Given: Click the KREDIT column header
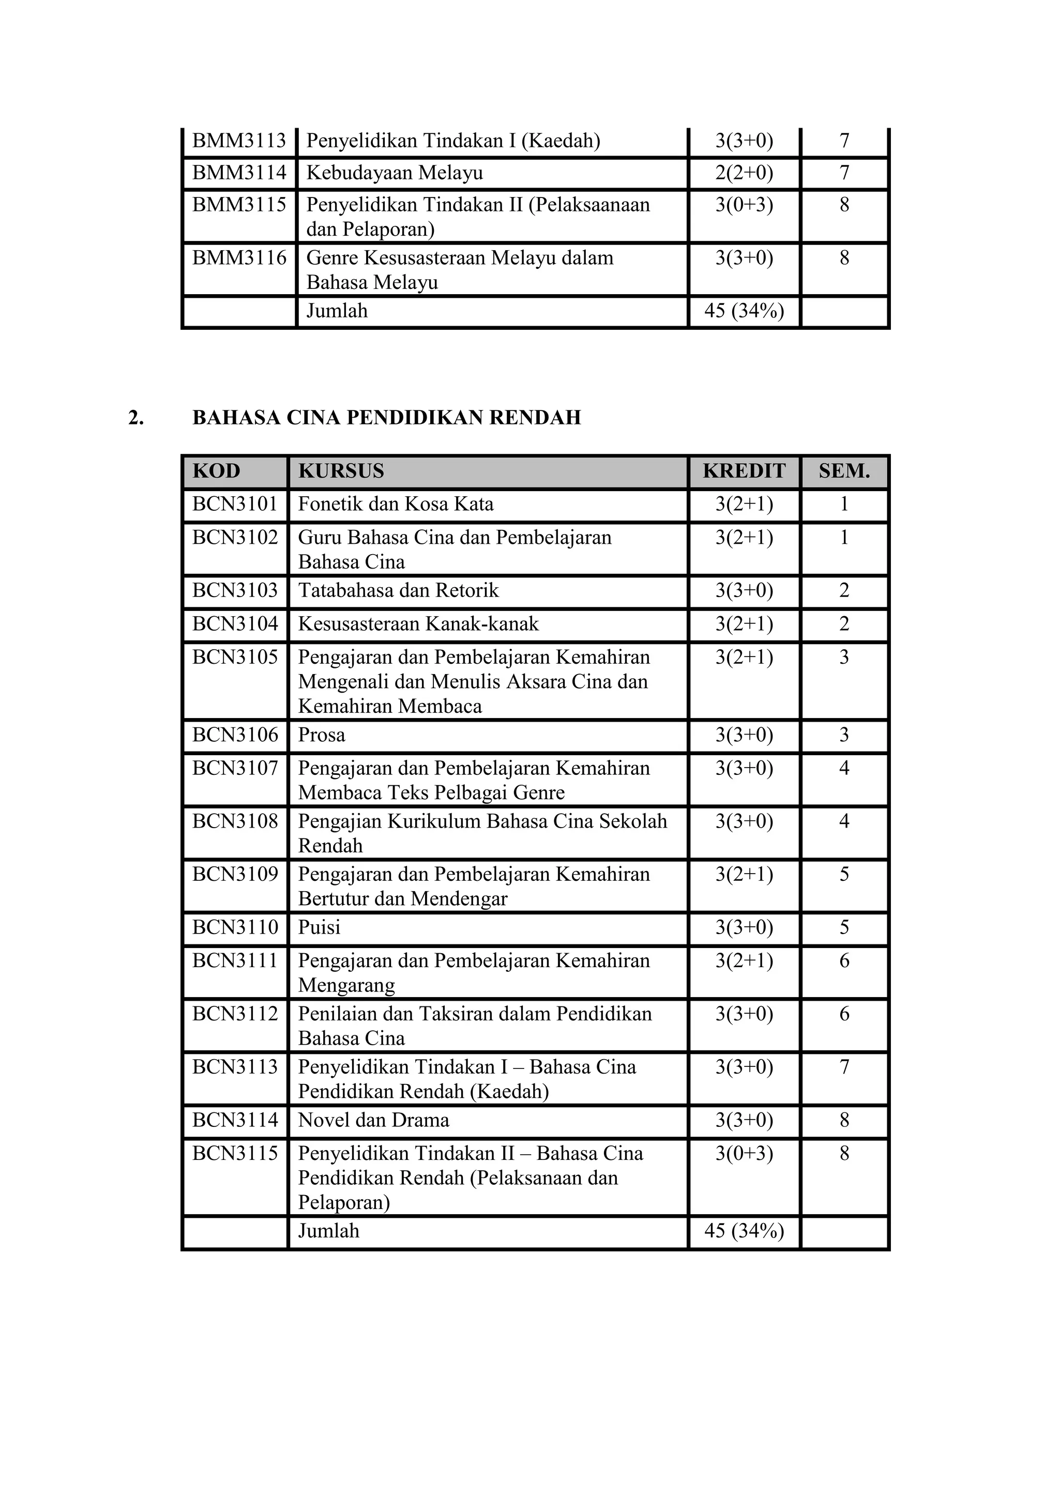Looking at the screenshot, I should [x=744, y=471].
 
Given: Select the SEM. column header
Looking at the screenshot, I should [x=844, y=471].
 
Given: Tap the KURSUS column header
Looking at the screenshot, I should [x=341, y=471].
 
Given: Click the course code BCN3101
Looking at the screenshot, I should [x=235, y=504].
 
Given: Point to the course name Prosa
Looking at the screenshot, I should [x=322, y=735].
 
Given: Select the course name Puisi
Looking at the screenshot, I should [x=319, y=927].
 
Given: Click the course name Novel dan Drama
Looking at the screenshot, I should [x=374, y=1120].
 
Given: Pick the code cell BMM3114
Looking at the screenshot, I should [x=239, y=173].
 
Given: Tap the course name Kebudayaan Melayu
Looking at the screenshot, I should [x=395, y=173].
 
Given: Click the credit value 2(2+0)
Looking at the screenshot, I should [x=744, y=173].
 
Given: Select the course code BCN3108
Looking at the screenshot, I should [x=235, y=821].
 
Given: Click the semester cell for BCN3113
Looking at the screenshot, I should [x=844, y=1067].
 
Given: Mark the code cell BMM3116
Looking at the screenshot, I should [x=239, y=258].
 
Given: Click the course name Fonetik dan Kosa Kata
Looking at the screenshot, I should [x=395, y=504].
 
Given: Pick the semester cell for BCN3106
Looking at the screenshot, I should [x=844, y=735].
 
